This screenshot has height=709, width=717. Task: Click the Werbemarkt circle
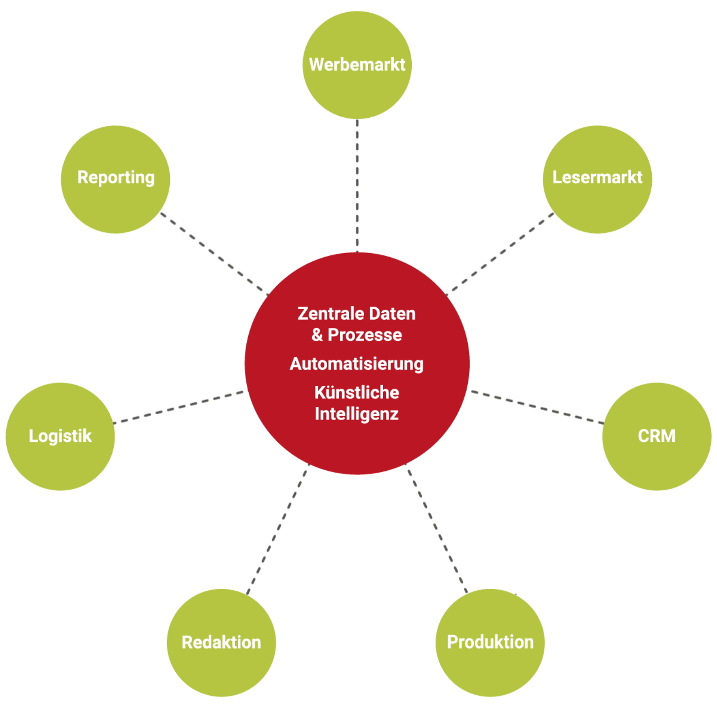[357, 65]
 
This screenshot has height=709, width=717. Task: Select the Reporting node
[115, 179]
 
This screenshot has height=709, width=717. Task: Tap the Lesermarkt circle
[597, 179]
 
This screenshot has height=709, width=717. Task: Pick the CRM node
[656, 436]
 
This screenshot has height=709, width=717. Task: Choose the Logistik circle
[60, 436]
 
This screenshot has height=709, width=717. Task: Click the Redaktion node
[221, 642]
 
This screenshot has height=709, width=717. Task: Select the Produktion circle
[490, 642]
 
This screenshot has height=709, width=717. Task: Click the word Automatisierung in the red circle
[356, 364]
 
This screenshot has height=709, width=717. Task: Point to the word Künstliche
[356, 393]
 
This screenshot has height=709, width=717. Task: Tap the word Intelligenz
[356, 414]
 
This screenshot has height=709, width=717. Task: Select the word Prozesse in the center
[365, 335]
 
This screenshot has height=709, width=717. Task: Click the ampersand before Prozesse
[317, 335]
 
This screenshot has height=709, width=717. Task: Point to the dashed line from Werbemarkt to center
[357, 186]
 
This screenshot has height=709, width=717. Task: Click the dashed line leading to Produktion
[437, 528]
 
